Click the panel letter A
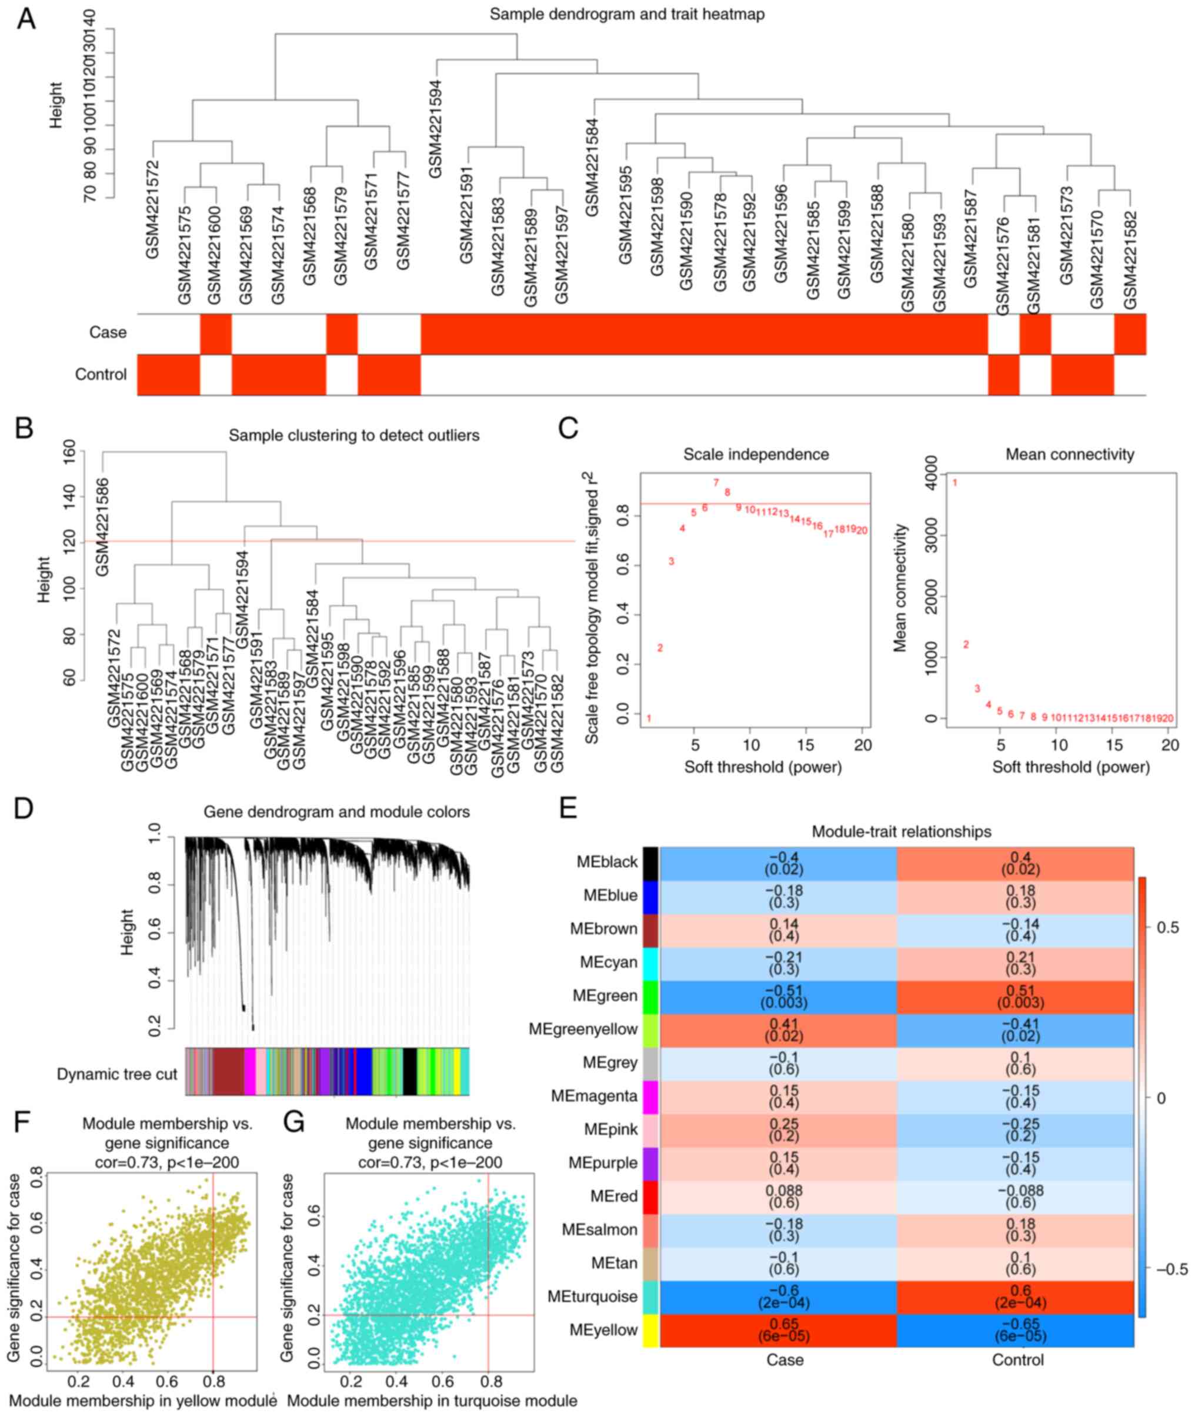pos(26,19)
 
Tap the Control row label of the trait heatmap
pos(101,375)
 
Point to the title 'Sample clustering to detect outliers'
pos(353,436)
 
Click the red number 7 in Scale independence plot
pos(715,482)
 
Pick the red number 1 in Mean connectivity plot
pos(955,482)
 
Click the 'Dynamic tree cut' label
pos(117,1074)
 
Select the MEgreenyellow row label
pos(583,1029)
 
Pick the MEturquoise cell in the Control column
pos(1015,1296)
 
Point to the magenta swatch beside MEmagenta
pos(650,1096)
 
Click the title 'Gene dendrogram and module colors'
pos(337,811)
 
